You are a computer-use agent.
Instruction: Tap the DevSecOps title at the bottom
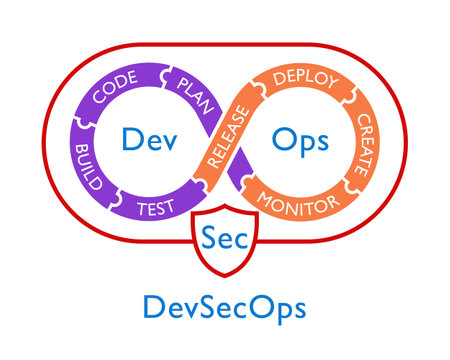pyautogui.click(x=224, y=307)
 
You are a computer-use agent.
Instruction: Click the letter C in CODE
pyautogui.click(x=99, y=104)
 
